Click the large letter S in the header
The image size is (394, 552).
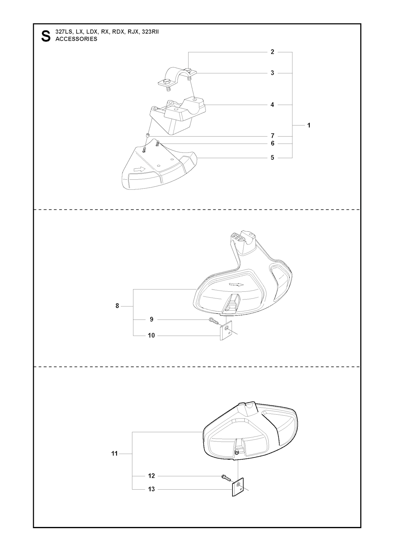pos(46,36)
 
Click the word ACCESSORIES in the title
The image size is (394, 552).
pos(76,39)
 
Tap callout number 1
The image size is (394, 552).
pos(309,125)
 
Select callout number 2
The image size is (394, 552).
pos(272,52)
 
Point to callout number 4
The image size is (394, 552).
pos(272,105)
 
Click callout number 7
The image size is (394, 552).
pos(272,136)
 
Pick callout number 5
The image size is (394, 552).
pos(272,157)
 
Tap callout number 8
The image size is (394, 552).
pos(117,306)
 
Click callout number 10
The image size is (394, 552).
pos(151,335)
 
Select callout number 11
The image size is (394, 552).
pos(115,454)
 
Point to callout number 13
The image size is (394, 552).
pos(151,489)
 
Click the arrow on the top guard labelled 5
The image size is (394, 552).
pos(140,169)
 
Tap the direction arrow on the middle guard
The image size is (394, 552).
pos(236,284)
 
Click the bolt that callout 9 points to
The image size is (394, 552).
pos(214,321)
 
